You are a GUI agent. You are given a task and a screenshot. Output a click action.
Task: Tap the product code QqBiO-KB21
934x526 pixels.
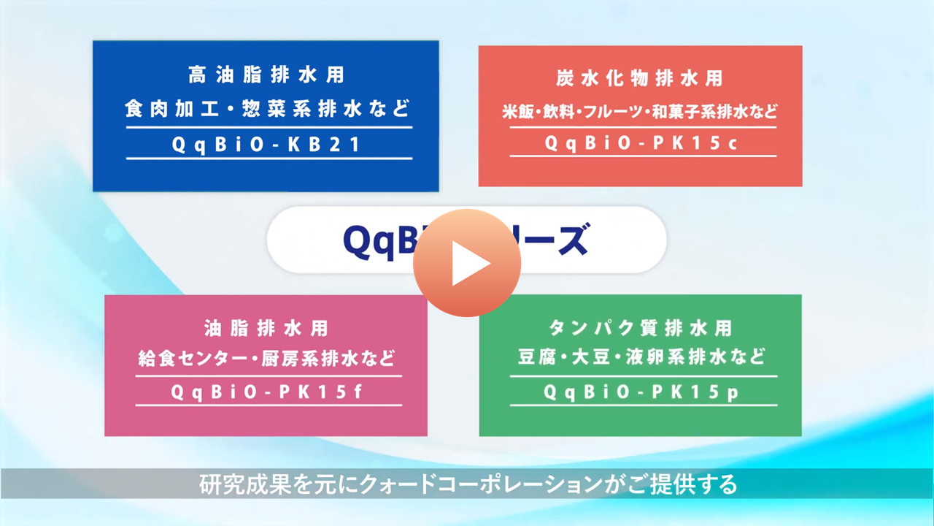point(267,144)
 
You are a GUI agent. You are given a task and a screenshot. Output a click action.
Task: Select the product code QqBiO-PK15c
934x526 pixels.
point(641,143)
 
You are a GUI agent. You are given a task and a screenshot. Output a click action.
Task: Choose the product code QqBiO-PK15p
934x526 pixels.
point(641,392)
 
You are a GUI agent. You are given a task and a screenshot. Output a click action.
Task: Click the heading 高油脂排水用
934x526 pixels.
point(266,75)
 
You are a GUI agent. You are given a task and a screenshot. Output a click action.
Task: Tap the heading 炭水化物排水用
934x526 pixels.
point(640,78)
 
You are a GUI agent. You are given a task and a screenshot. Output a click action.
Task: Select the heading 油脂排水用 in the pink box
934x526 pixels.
point(266,329)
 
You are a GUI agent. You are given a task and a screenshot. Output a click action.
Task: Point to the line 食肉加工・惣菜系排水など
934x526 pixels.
point(267,110)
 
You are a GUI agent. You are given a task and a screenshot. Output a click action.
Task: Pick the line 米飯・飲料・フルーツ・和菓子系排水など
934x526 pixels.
point(640,113)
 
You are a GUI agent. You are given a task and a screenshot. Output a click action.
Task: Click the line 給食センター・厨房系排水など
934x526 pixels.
point(267,359)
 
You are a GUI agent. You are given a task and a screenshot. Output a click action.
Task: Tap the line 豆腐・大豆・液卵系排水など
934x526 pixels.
point(641,358)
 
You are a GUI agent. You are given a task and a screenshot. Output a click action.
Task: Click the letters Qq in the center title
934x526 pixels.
point(365,240)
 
